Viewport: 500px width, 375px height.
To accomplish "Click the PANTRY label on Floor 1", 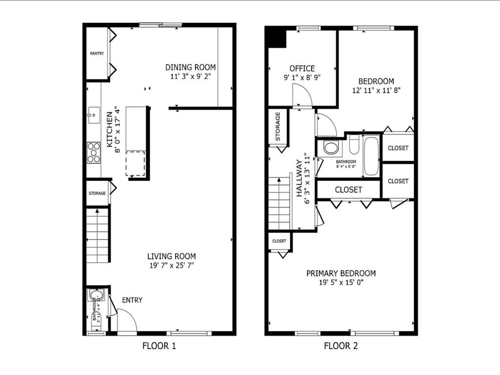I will click(97, 53).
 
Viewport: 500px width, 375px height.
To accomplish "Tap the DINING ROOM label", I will click(190, 67).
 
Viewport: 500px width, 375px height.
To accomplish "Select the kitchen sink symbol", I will click(93, 116).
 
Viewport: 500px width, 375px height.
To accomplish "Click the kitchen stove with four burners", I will click(94, 152).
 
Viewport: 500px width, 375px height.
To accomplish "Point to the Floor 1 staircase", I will click(97, 235).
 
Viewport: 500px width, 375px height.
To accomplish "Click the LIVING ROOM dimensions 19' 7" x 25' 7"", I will click(172, 265).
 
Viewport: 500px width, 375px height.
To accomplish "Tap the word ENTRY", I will click(132, 300).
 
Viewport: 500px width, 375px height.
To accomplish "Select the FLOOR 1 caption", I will click(159, 346).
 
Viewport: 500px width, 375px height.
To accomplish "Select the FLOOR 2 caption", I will click(341, 346).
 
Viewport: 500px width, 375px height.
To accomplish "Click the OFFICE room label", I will click(302, 68).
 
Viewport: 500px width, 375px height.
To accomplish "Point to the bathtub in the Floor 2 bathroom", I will click(371, 156).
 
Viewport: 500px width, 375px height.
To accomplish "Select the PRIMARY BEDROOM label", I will click(341, 273).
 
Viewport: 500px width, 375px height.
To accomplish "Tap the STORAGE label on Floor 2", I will click(278, 127).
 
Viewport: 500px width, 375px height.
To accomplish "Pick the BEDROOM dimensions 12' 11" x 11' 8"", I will click(376, 90).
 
